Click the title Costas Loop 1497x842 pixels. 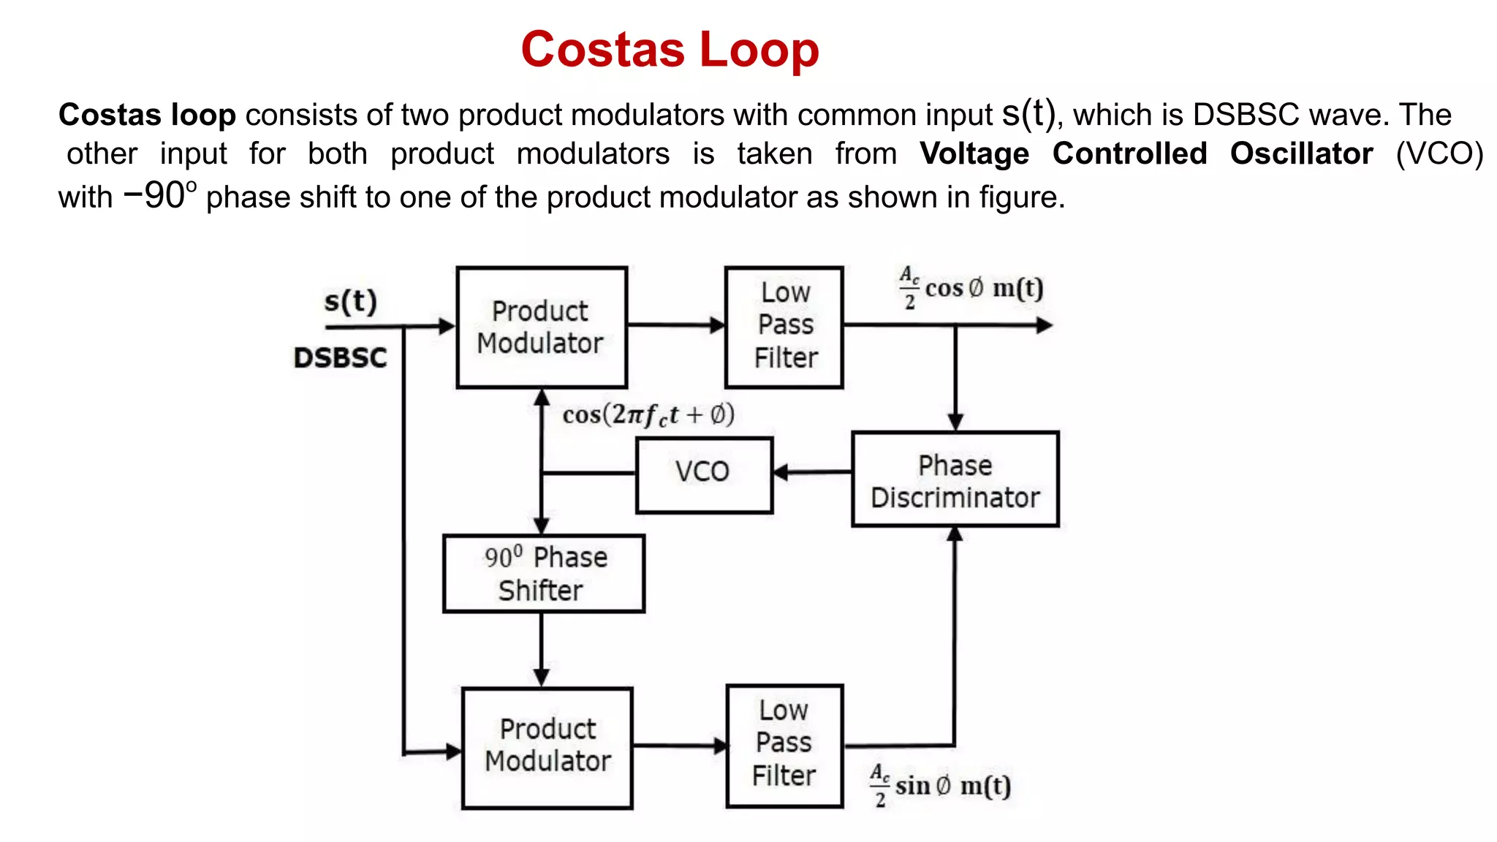point(670,50)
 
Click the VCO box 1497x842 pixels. point(703,474)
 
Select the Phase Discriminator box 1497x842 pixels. point(955,479)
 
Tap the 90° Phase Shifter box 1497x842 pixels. point(544,574)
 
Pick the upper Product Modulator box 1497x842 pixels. point(541,327)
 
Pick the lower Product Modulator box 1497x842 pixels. point(547,747)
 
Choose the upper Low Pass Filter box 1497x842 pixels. point(784,326)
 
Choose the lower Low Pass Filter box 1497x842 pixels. point(784,745)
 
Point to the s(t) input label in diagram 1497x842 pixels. point(350,301)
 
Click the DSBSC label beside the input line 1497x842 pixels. point(340,357)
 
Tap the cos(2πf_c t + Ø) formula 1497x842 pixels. point(648,414)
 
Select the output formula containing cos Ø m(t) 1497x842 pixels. point(971,288)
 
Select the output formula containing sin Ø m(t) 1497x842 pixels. point(940,786)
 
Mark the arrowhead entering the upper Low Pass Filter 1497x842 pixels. point(718,325)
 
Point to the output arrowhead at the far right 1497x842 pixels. point(1045,325)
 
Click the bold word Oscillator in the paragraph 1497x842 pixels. point(1301,153)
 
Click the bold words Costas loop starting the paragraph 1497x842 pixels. point(146,115)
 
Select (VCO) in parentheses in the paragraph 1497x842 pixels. point(1439,153)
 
